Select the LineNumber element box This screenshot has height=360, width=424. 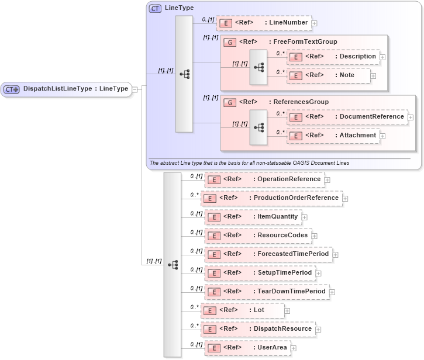(264, 23)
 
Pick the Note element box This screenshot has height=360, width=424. (329, 75)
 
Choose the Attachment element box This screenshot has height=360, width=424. (333, 135)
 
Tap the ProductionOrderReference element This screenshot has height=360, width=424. (272, 198)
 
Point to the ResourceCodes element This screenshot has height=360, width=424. (257, 235)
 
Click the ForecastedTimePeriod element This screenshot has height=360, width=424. (268, 254)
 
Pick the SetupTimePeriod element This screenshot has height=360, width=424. (260, 272)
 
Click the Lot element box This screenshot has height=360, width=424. (242, 310)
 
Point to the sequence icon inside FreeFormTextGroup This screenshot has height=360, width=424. (258, 67)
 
